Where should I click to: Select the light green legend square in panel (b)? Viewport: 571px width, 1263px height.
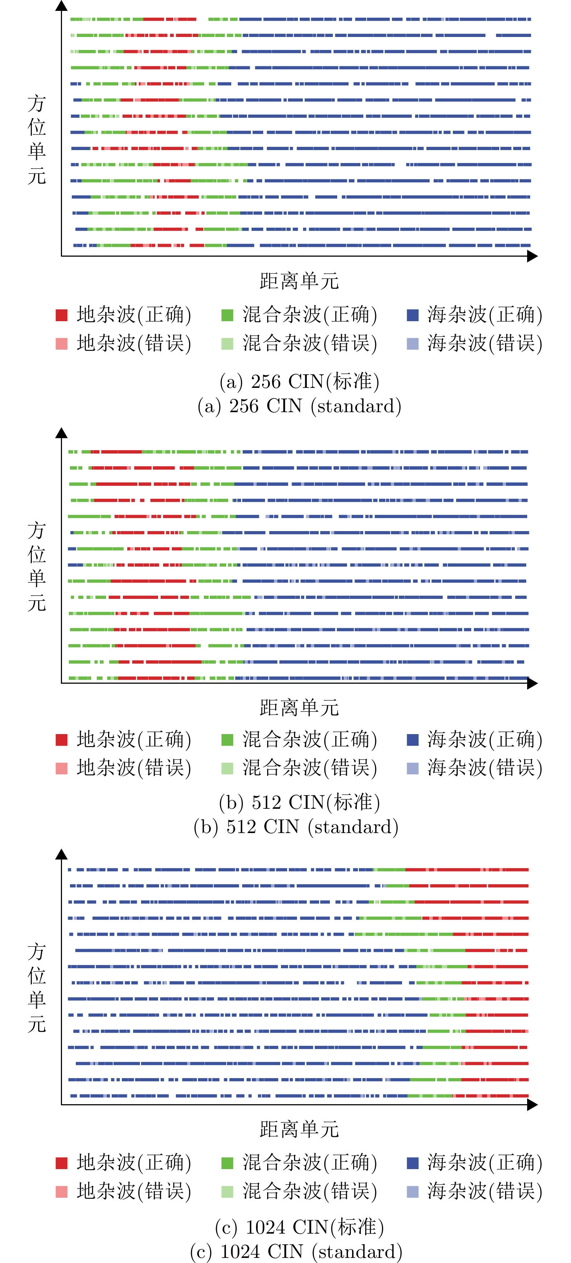(227, 768)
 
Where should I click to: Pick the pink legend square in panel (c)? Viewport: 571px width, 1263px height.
(61, 1192)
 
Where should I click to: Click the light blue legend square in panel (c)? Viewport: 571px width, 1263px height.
(413, 1192)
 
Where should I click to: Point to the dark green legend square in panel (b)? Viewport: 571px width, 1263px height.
(227, 740)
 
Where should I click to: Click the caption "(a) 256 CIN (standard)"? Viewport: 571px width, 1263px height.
(299, 406)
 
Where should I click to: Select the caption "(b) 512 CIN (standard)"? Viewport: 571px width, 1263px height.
(296, 827)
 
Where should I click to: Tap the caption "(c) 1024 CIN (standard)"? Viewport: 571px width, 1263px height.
(296, 1251)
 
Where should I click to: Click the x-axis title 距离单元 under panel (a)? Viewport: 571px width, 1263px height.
(299, 281)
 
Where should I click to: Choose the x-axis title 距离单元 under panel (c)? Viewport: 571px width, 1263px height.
(299, 1129)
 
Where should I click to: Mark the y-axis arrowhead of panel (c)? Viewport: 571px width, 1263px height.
(61, 854)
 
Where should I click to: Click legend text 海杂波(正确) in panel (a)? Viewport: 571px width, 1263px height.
(485, 315)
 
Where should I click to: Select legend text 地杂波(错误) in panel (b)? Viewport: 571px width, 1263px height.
(134, 768)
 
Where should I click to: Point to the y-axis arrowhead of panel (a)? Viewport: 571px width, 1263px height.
(61, 6)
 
